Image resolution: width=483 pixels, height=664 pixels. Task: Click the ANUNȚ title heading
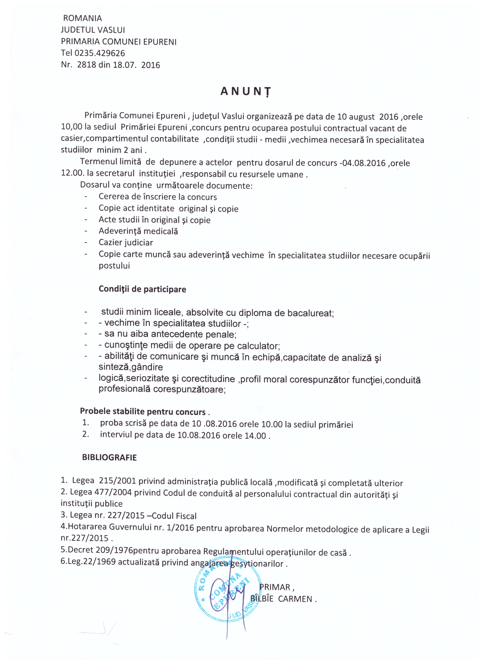[x=245, y=92]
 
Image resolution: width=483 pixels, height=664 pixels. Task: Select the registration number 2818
[x=86, y=65]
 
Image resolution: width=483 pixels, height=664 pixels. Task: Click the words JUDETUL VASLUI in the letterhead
[x=93, y=30]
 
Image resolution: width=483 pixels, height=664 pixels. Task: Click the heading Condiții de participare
[x=142, y=289]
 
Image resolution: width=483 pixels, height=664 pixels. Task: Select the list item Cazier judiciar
[x=126, y=242]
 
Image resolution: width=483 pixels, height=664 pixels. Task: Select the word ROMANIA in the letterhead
[x=83, y=19]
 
